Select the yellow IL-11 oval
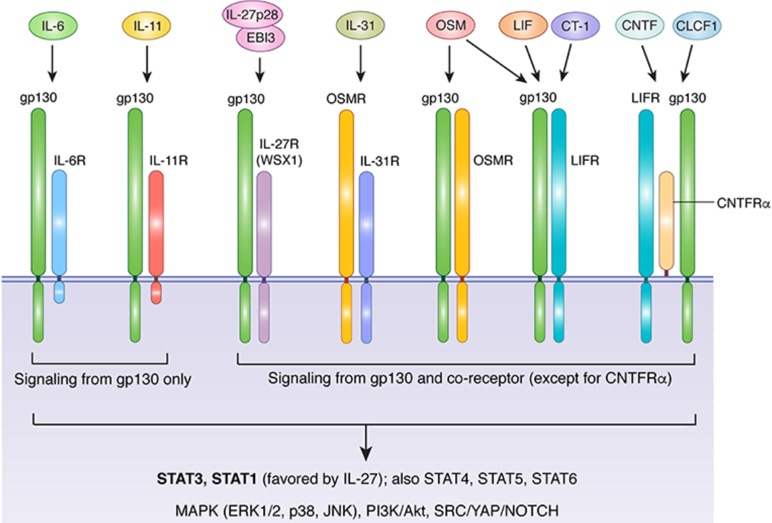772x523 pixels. point(146,27)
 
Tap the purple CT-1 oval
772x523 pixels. point(570,26)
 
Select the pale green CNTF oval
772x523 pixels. point(639,26)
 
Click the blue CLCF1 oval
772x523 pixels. point(696,26)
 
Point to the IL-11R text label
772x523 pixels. point(167,161)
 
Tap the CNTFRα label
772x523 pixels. point(743,201)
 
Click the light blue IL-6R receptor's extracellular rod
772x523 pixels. point(59,222)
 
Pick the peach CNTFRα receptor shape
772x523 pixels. point(666,219)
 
